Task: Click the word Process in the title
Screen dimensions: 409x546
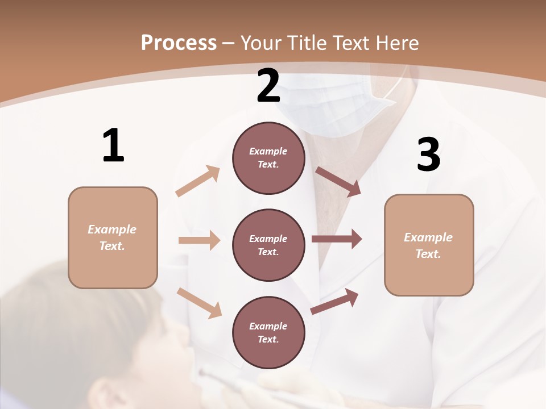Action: pos(179,43)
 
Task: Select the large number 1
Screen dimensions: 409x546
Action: pos(113,146)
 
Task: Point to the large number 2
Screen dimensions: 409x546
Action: pos(268,86)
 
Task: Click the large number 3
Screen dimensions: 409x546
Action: pos(428,155)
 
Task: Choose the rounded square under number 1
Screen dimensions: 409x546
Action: pos(113,237)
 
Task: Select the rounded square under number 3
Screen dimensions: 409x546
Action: pos(429,245)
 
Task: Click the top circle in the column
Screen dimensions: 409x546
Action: pos(268,158)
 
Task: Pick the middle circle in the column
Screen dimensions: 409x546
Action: pos(268,245)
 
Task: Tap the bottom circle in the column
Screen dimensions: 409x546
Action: pos(268,333)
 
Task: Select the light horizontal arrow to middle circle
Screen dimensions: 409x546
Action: pos(199,240)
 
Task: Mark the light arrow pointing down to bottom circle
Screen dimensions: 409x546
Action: pos(199,303)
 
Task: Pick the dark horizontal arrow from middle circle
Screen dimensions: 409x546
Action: pos(337,239)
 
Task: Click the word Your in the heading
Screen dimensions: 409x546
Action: pos(261,43)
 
